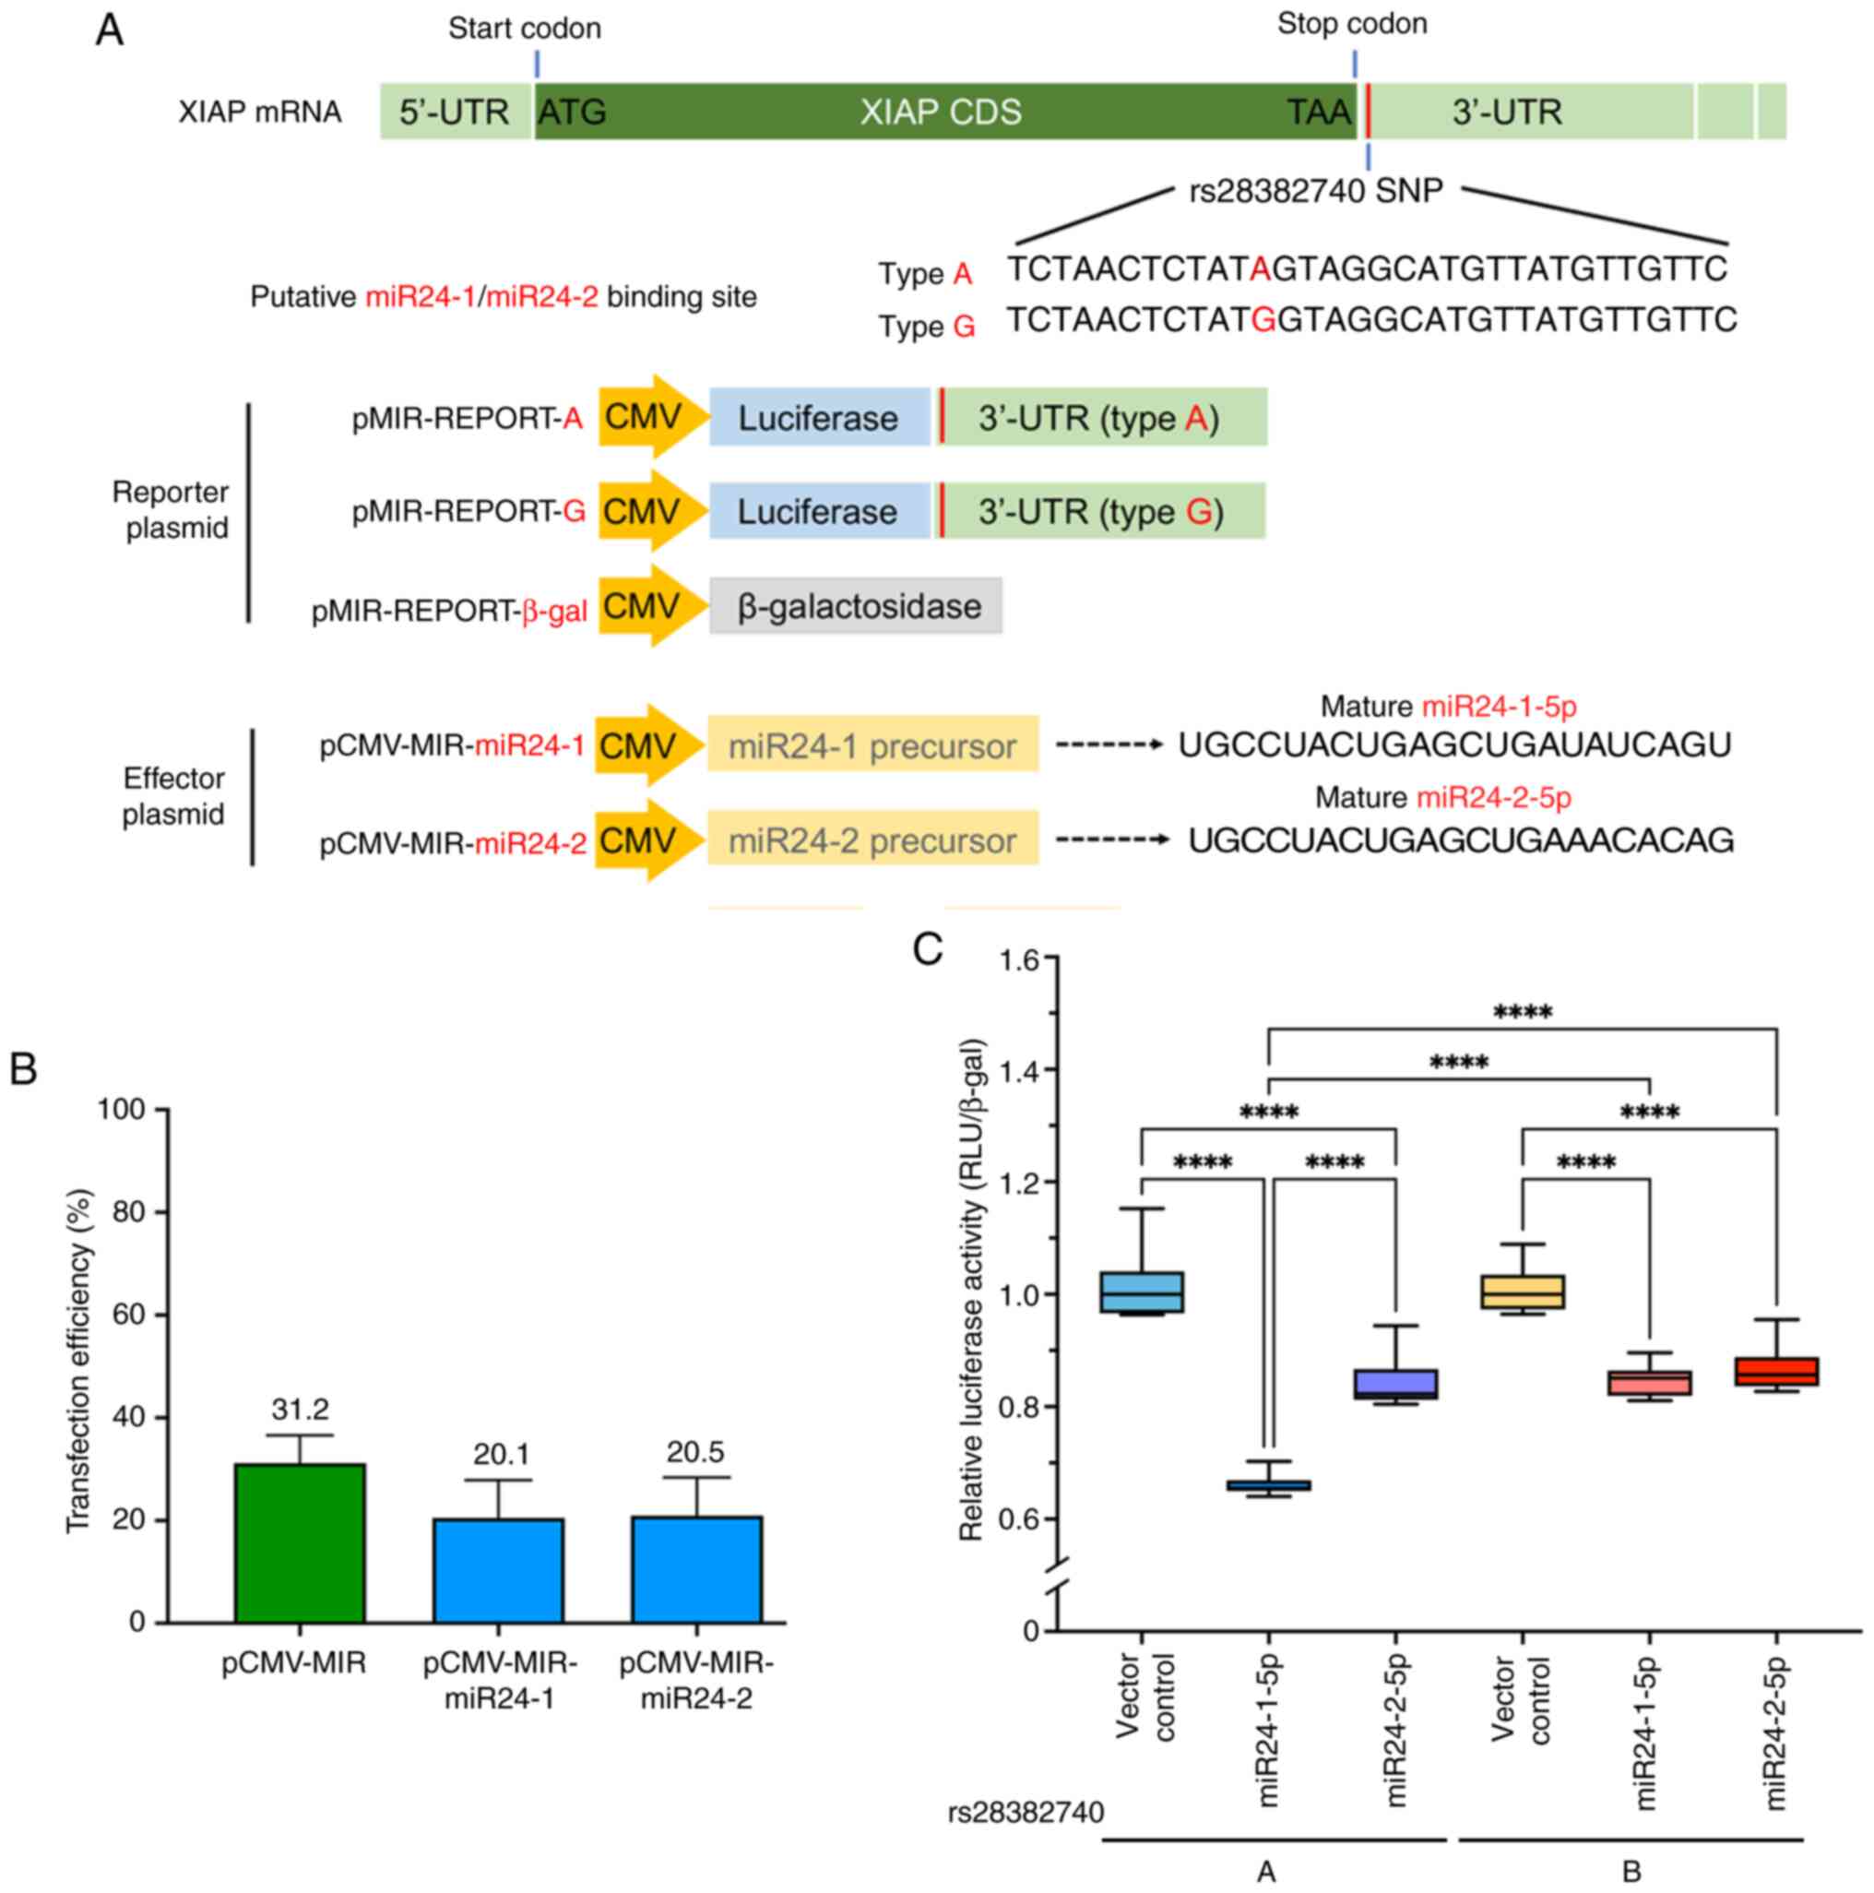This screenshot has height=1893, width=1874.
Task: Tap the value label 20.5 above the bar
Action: pyautogui.click(x=695, y=1451)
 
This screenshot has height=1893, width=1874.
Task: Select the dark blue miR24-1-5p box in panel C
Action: pyautogui.click(x=1269, y=1485)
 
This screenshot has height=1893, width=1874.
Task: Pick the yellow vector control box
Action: pyautogui.click(x=1522, y=1292)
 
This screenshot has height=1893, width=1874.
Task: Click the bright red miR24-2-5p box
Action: pyautogui.click(x=1775, y=1371)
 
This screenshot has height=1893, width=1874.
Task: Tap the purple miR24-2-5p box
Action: pyautogui.click(x=1395, y=1384)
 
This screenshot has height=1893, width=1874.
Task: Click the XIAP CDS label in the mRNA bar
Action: pyautogui.click(x=941, y=112)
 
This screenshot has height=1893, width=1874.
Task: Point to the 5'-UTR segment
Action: pyautogui.click(x=455, y=112)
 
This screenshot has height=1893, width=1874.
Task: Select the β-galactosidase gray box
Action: pyautogui.click(x=855, y=606)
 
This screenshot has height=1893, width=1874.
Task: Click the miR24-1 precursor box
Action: pyautogui.click(x=872, y=746)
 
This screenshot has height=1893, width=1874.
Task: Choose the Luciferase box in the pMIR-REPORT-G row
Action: pyautogui.click(x=818, y=511)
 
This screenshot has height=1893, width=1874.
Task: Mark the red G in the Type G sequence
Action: pyautogui.click(x=1263, y=320)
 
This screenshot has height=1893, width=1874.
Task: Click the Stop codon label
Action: pyautogui.click(x=1351, y=25)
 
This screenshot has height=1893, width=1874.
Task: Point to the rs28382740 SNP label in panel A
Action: pyautogui.click(x=1316, y=191)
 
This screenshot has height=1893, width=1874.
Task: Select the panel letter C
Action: pyautogui.click(x=927, y=948)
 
